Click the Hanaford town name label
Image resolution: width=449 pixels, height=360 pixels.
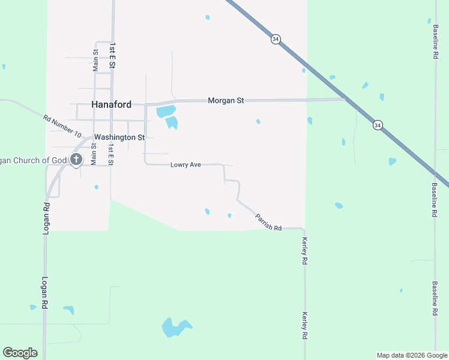[x=111, y=104]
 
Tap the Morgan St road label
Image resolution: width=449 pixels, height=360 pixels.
[x=226, y=101]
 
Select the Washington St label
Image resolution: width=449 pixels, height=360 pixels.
[x=119, y=137]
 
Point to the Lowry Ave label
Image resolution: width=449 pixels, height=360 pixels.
[x=185, y=164]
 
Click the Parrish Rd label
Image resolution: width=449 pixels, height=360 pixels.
[x=268, y=223]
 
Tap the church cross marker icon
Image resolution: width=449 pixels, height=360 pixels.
[x=76, y=160]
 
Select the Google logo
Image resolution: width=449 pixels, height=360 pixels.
[x=20, y=353]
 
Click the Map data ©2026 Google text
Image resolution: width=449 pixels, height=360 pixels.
[x=412, y=355]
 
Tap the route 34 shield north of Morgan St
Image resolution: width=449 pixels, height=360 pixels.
[x=276, y=39]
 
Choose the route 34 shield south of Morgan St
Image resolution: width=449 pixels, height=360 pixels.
[x=377, y=125]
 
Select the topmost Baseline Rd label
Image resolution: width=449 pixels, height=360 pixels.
[x=435, y=41]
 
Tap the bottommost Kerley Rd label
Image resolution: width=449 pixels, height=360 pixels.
[x=305, y=326]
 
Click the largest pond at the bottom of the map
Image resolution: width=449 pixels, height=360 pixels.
[x=175, y=328]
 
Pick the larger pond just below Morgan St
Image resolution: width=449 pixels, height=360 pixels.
[x=166, y=112]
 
